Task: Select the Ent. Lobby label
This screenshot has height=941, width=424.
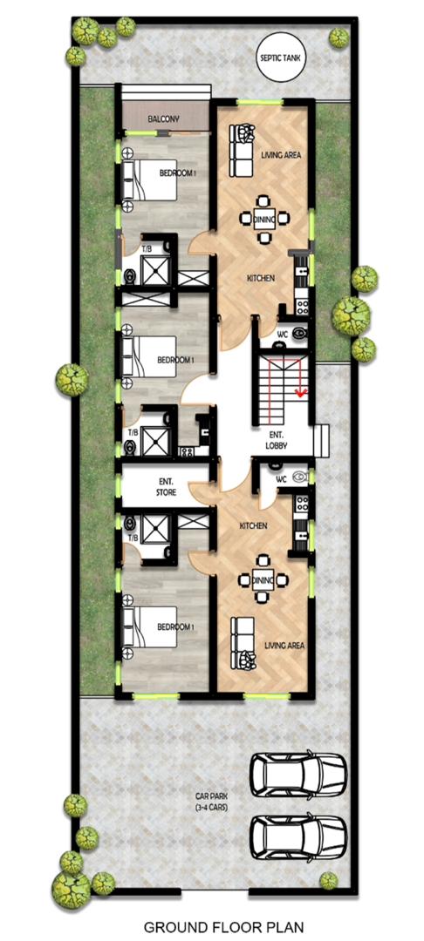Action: (277, 441)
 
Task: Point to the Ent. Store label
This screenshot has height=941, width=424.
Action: (167, 487)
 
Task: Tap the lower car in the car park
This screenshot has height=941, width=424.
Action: (298, 836)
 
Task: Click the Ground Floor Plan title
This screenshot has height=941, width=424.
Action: (223, 928)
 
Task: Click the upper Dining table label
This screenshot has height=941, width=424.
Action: (264, 220)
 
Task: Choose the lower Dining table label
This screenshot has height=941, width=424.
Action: (263, 580)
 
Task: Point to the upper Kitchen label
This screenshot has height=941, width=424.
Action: (261, 279)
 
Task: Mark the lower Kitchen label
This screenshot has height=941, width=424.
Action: (253, 525)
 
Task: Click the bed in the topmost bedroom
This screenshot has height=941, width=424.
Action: (150, 180)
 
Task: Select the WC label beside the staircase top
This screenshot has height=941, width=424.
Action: (283, 335)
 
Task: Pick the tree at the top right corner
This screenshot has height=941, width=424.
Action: (339, 37)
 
